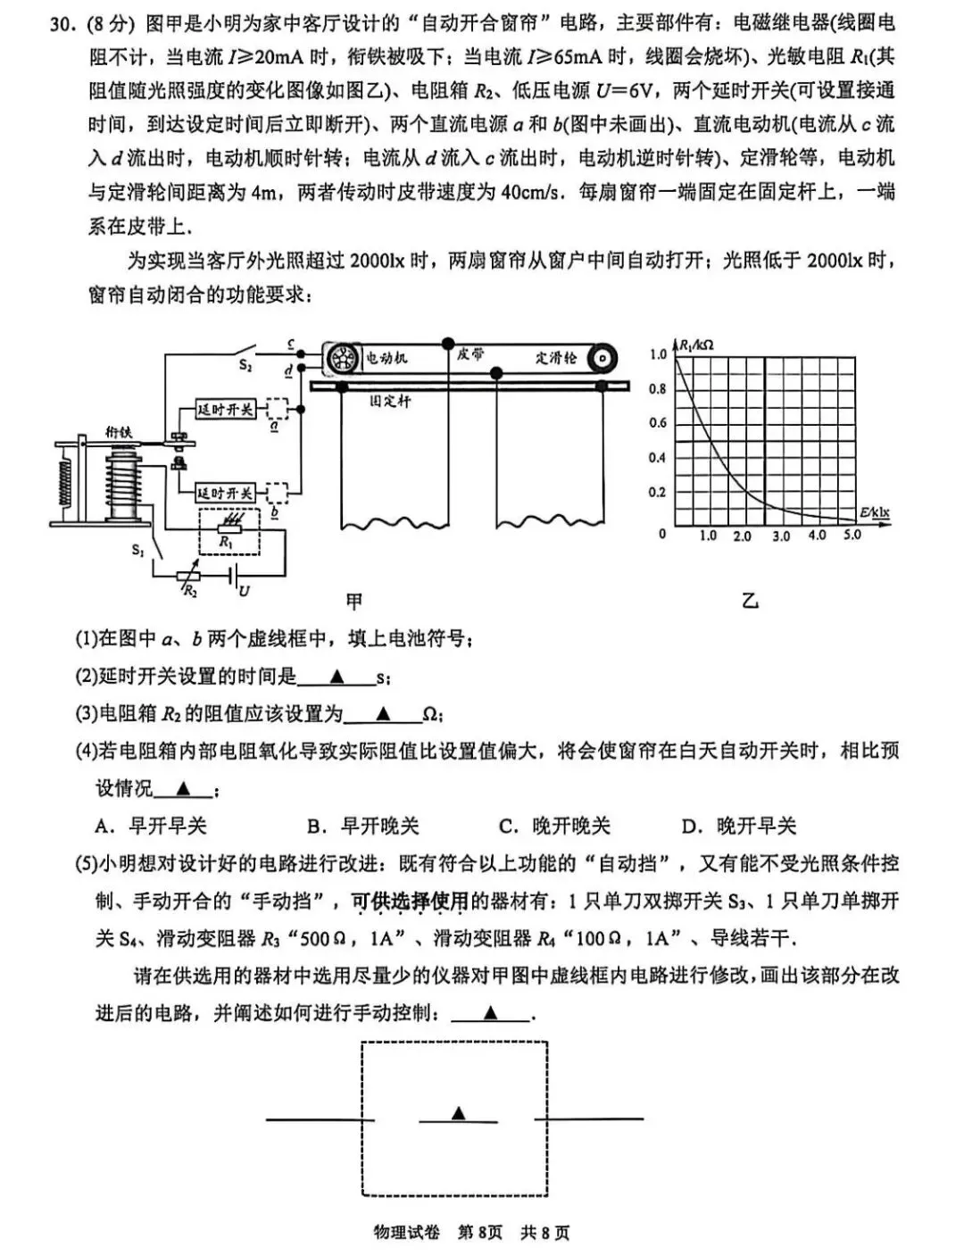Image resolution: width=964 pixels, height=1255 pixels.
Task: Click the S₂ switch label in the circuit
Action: click(245, 364)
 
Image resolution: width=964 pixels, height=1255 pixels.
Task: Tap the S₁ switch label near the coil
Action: click(138, 551)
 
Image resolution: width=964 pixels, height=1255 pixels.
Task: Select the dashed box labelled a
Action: click(277, 409)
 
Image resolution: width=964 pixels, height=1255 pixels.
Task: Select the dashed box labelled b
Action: click(277, 493)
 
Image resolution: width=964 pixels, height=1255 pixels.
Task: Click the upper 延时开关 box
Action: click(226, 409)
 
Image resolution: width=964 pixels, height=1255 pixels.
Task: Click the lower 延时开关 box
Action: click(226, 493)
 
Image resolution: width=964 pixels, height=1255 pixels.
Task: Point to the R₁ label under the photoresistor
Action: click(227, 542)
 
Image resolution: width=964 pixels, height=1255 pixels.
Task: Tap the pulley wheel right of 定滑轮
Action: click(602, 358)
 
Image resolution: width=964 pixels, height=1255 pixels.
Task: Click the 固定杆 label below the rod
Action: click(390, 402)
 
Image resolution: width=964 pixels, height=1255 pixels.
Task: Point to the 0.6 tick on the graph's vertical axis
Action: click(657, 423)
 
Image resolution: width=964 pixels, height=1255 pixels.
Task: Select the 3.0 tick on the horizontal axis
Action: click(780, 536)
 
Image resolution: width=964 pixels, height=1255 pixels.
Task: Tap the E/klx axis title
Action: click(875, 512)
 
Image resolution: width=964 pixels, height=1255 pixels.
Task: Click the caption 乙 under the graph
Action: click(750, 601)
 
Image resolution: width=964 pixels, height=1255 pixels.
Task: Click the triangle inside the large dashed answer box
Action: click(458, 1112)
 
